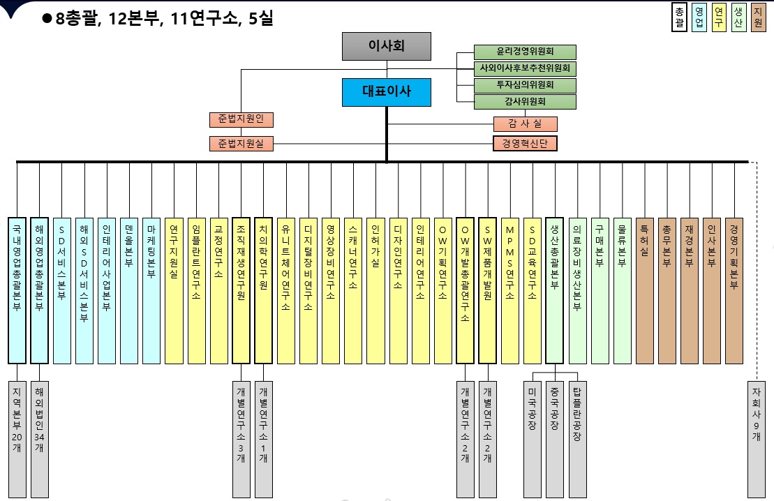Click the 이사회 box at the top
[387, 46]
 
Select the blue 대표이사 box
[387, 92]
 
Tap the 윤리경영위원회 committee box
[525, 52]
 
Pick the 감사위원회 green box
[525, 102]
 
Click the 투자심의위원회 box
[525, 85]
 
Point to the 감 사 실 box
[525, 124]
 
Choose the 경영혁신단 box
[525, 144]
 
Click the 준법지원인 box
[241, 119]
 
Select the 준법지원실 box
[241, 144]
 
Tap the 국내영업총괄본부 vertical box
[17, 290]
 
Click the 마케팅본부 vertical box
[151, 290]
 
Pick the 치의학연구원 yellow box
[263, 290]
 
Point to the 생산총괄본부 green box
[554, 290]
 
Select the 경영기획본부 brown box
[734, 290]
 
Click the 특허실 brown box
[644, 290]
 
